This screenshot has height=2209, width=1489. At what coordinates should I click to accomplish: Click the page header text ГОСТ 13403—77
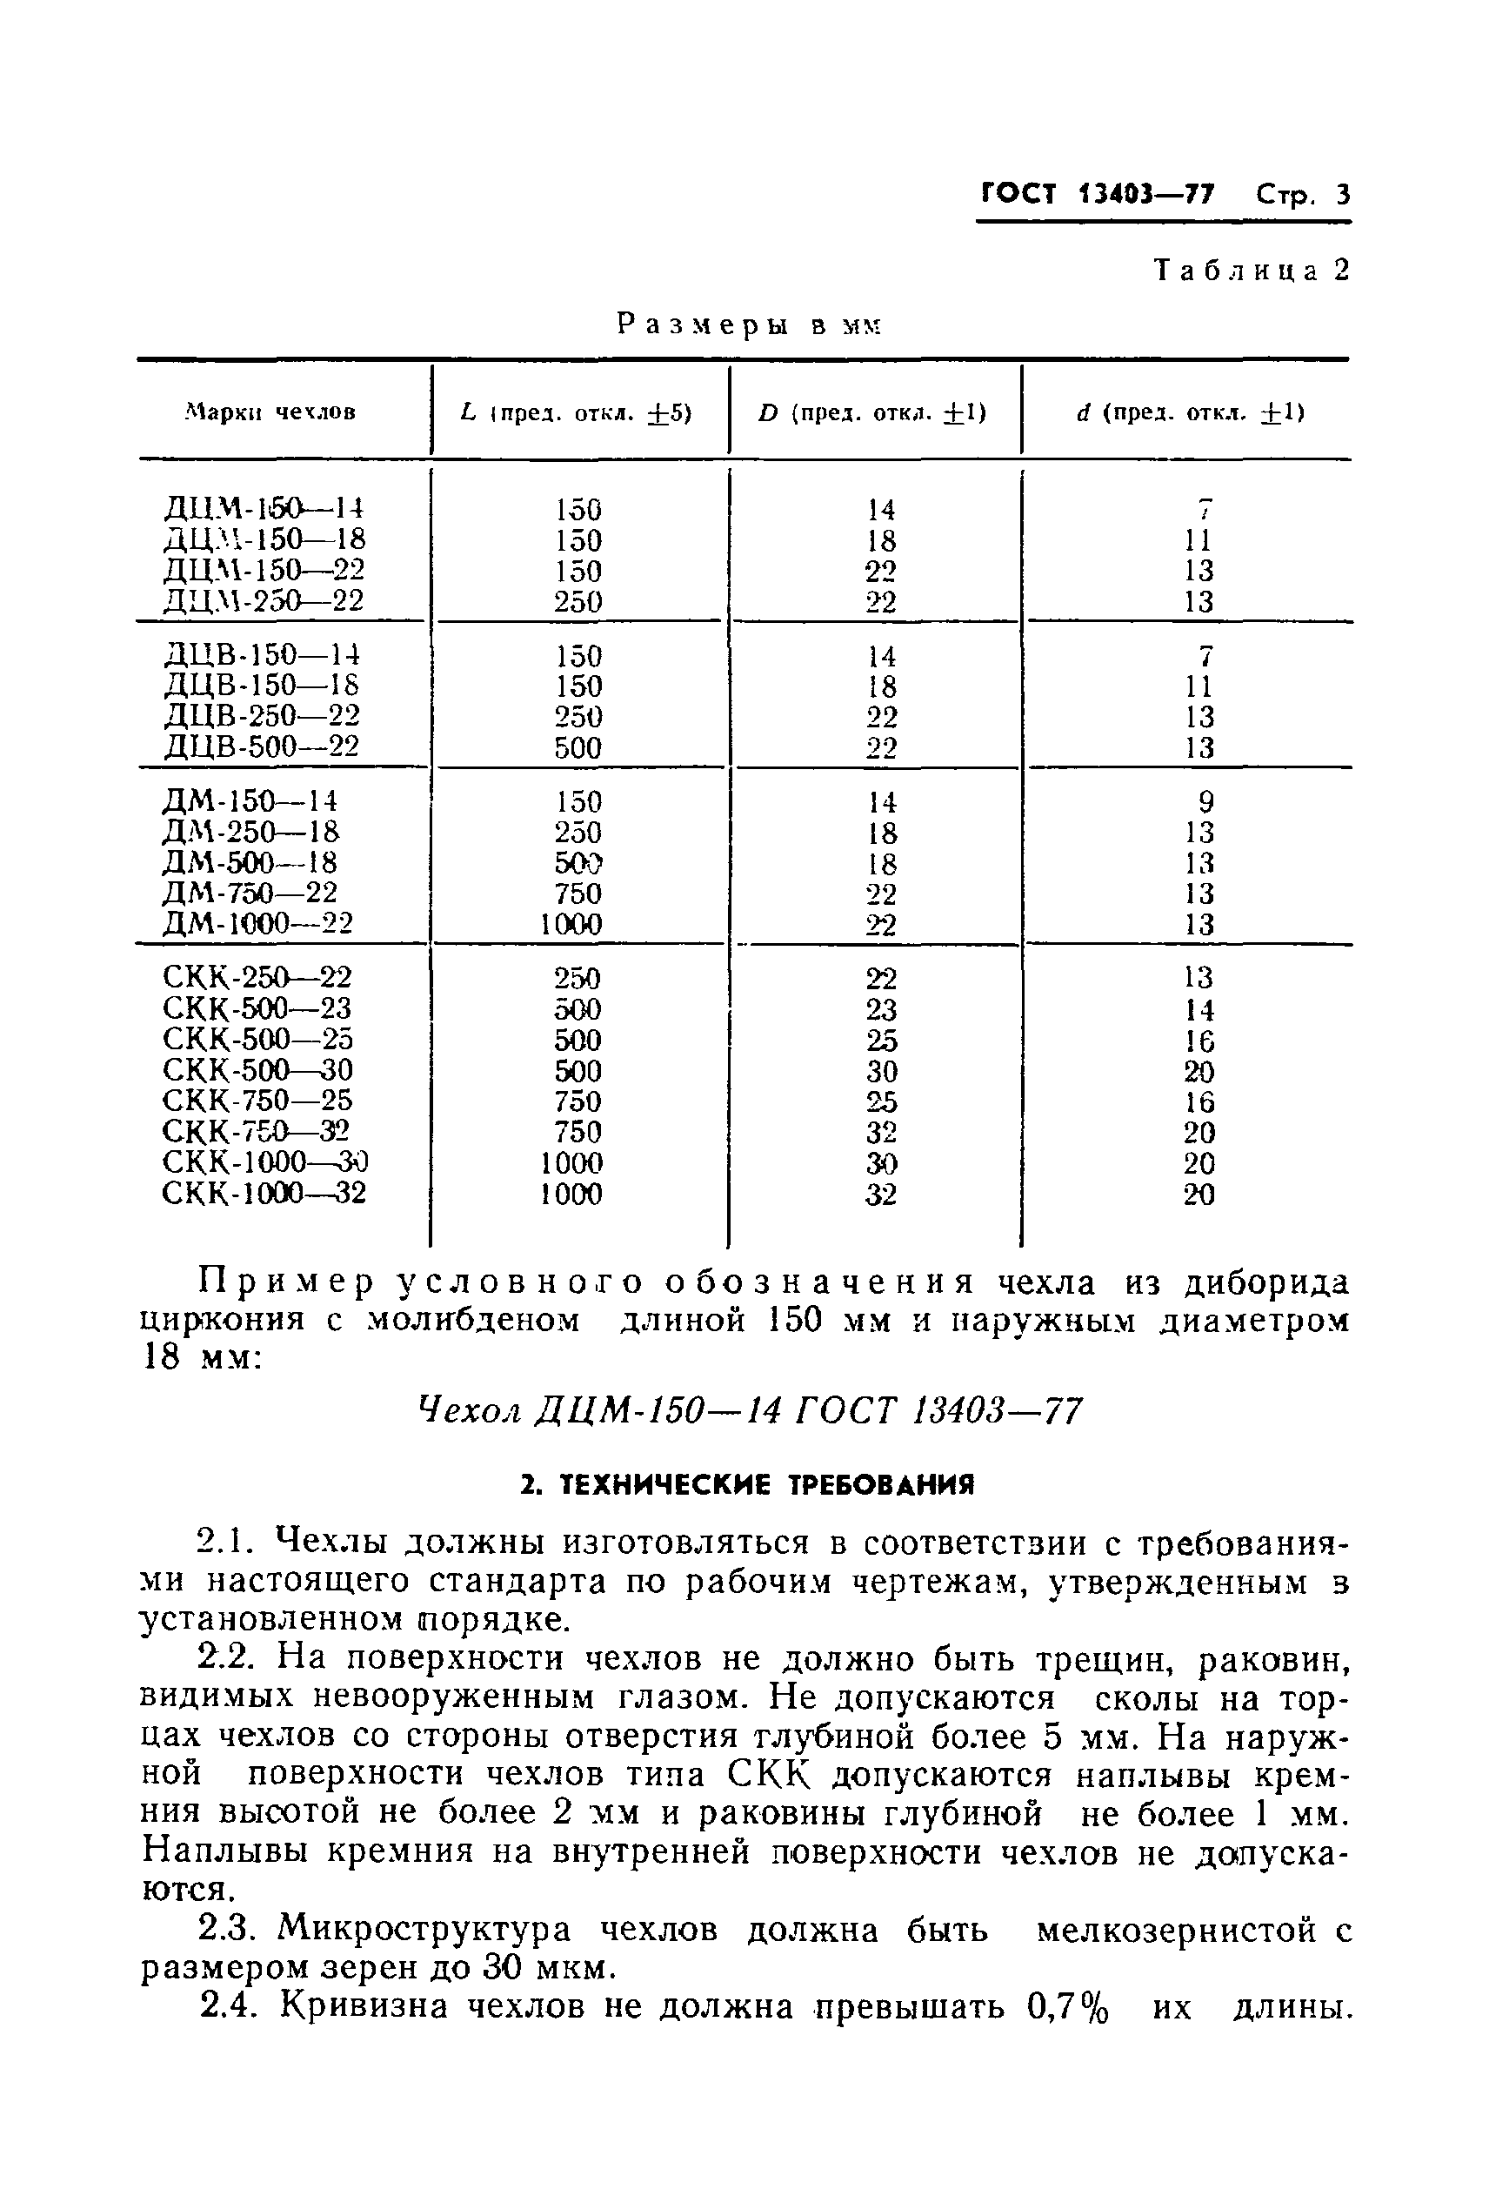1097,196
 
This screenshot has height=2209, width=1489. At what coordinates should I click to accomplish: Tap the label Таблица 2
1251,271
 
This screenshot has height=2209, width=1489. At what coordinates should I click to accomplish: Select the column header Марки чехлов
270,413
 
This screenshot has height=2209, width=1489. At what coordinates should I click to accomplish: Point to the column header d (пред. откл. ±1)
1190,413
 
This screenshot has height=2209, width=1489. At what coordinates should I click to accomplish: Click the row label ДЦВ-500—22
261,747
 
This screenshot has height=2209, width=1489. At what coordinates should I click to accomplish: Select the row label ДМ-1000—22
257,923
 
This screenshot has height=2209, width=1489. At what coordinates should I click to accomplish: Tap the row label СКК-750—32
256,1132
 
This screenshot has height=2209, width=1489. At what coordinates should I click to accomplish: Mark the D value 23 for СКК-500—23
880,1008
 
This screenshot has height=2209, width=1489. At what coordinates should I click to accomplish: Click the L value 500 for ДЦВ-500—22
578,748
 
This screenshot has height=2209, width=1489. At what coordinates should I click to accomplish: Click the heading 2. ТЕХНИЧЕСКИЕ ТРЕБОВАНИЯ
748,1485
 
